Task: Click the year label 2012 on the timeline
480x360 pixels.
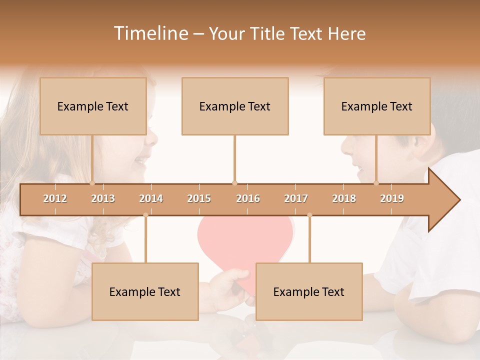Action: point(55,198)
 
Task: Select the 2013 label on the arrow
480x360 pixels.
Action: point(103,198)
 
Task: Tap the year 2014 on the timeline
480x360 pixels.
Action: point(151,198)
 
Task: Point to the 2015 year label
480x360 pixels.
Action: point(199,198)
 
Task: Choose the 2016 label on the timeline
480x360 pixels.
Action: point(248,198)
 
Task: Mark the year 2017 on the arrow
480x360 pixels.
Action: point(296,198)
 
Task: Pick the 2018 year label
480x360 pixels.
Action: point(344,198)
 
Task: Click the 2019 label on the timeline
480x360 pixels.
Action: point(392,198)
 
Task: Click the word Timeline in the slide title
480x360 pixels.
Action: point(150,33)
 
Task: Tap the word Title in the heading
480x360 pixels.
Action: point(269,33)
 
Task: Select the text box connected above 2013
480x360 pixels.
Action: point(93,106)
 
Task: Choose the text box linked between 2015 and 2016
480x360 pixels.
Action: point(235,106)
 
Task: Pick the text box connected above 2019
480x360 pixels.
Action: point(377,106)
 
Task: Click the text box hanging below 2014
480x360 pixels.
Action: point(145,291)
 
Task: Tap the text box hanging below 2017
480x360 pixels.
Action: point(309,291)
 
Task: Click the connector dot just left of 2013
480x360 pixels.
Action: point(92,183)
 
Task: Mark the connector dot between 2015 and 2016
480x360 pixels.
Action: point(234,183)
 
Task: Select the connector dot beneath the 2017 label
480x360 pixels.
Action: point(309,215)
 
